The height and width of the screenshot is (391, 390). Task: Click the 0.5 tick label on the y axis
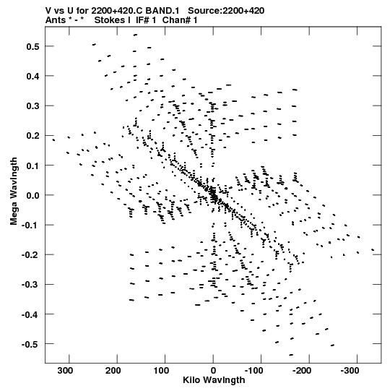click(x=32, y=46)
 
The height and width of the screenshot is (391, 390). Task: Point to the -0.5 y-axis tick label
click(x=30, y=344)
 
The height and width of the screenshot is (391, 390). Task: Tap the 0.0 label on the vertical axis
click(x=32, y=195)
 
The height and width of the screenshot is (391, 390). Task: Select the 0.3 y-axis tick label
click(x=32, y=106)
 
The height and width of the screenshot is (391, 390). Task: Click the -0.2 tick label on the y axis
click(x=30, y=255)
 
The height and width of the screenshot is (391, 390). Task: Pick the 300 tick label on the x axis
click(x=65, y=371)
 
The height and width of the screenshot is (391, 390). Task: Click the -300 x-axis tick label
click(x=350, y=371)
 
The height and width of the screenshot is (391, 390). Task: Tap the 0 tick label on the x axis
click(x=213, y=371)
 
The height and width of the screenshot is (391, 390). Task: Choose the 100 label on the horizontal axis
click(x=161, y=371)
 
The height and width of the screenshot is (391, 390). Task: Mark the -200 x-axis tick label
click(x=302, y=371)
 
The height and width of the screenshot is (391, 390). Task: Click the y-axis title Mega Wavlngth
click(x=14, y=192)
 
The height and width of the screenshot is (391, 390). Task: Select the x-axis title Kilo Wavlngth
click(x=214, y=380)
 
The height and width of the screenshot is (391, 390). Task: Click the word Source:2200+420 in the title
click(x=226, y=11)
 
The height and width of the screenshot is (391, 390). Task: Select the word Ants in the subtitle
click(x=54, y=20)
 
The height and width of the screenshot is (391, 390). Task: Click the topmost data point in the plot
click(x=135, y=35)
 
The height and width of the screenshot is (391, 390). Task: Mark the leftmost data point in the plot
click(x=53, y=140)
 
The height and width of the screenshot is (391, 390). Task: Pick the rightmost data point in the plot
click(x=373, y=249)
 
